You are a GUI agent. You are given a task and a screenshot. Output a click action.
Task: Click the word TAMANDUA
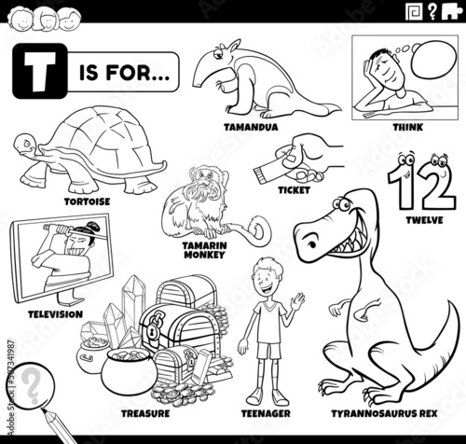coord(251,127)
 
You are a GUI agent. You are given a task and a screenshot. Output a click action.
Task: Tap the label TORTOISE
coord(88,201)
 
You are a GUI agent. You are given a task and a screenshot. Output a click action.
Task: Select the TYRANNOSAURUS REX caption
coord(384,413)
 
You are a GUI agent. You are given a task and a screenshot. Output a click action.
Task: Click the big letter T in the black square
coord(40,71)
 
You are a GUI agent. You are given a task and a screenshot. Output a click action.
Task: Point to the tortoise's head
coord(25,146)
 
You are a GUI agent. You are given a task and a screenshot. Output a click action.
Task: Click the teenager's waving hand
coord(298,300)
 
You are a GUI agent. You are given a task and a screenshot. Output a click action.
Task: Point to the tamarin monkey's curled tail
coord(258,230)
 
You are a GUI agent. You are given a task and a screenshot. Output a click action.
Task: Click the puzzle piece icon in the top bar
coord(451,11)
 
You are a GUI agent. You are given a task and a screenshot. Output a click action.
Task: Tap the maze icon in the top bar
coord(415,11)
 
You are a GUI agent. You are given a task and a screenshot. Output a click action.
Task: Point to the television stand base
coord(70,299)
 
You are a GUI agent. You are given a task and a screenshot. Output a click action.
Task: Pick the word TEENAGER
coord(266,413)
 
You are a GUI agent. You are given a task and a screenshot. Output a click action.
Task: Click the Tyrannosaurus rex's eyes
coord(341,204)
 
